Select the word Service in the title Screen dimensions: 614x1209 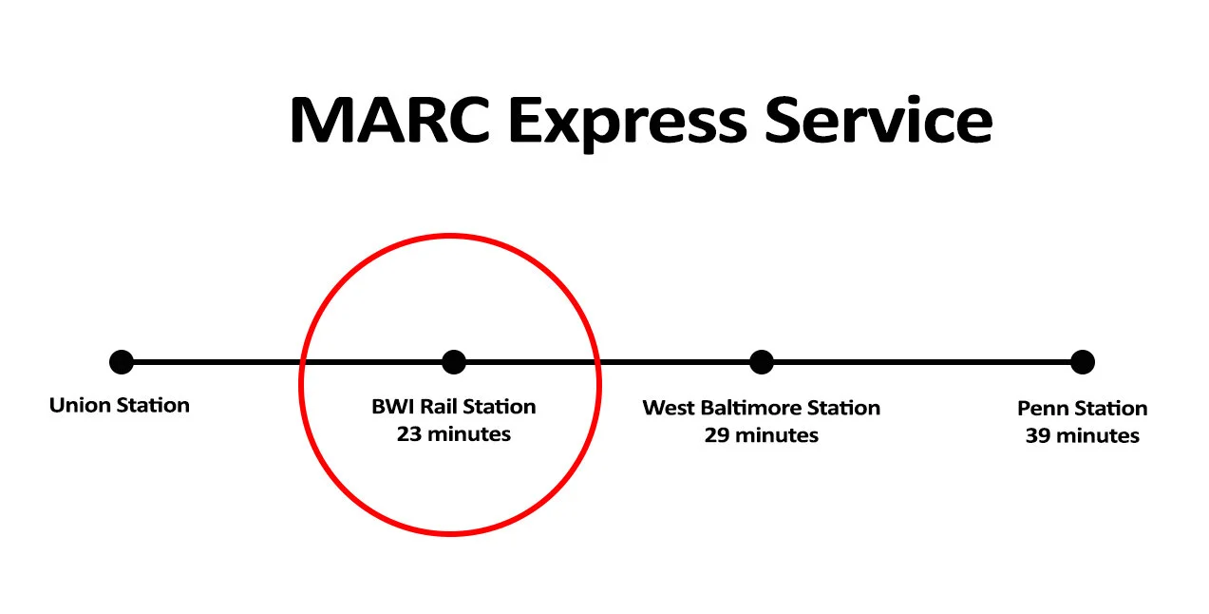pos(878,122)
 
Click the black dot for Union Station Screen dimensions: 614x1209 pos(122,362)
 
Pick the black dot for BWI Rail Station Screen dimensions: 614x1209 pos(454,362)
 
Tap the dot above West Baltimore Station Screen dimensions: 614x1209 pos(762,362)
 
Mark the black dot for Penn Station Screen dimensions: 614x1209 pos(1083,362)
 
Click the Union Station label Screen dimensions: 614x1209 pos(120,406)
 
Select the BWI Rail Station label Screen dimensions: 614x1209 pos(454,407)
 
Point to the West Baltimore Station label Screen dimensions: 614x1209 pos(762,408)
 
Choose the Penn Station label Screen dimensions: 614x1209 pos(1083,409)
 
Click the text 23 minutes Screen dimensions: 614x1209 pos(454,434)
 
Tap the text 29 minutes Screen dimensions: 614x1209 pos(762,435)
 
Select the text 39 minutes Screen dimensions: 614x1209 pos(1083,436)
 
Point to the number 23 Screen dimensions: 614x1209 pos(409,434)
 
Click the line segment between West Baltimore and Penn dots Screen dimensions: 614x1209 pos(921,362)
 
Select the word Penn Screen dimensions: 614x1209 pos(1041,409)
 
